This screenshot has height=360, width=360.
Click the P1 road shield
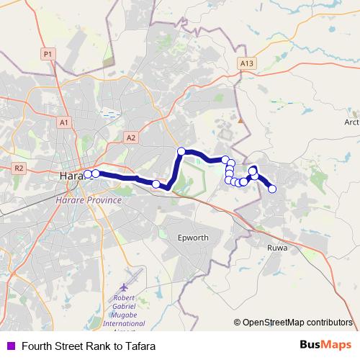click(48, 54)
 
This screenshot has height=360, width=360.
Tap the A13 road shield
click(247, 64)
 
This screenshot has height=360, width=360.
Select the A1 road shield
click(63, 123)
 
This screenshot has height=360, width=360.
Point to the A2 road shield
click(130, 138)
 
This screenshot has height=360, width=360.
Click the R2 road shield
click(19, 168)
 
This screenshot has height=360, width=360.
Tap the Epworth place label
click(193, 238)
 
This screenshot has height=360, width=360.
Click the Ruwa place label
click(277, 248)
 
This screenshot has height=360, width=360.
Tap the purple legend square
click(10, 346)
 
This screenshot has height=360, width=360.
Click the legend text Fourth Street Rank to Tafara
click(88, 346)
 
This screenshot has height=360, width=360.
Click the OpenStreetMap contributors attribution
click(297, 322)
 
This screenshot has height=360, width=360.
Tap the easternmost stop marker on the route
click(272, 189)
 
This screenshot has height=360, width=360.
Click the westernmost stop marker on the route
click(88, 174)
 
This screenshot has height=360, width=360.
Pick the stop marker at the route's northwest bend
click(181, 151)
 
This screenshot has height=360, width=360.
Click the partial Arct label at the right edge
click(351, 122)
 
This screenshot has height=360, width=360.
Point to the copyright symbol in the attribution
click(238, 322)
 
